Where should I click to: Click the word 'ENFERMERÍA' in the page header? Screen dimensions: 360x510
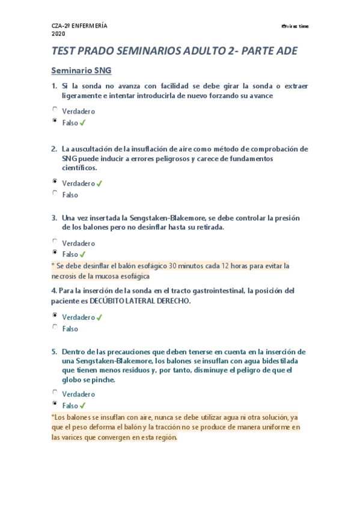tap(91, 26)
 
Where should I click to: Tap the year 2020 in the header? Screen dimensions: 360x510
tap(59, 34)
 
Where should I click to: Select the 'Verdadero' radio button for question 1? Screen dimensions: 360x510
tap(55, 109)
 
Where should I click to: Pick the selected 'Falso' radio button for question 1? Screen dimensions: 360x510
tap(55, 121)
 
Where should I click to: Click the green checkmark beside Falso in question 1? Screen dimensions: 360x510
tap(83, 123)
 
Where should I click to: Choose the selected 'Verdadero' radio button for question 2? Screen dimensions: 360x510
tap(55, 181)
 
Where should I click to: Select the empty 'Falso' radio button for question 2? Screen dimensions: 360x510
tap(55, 193)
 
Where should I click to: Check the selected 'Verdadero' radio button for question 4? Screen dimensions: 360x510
tap(55, 315)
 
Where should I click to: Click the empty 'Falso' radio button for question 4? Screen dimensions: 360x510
tap(55, 327)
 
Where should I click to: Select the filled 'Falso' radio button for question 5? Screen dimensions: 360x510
tap(55, 404)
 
